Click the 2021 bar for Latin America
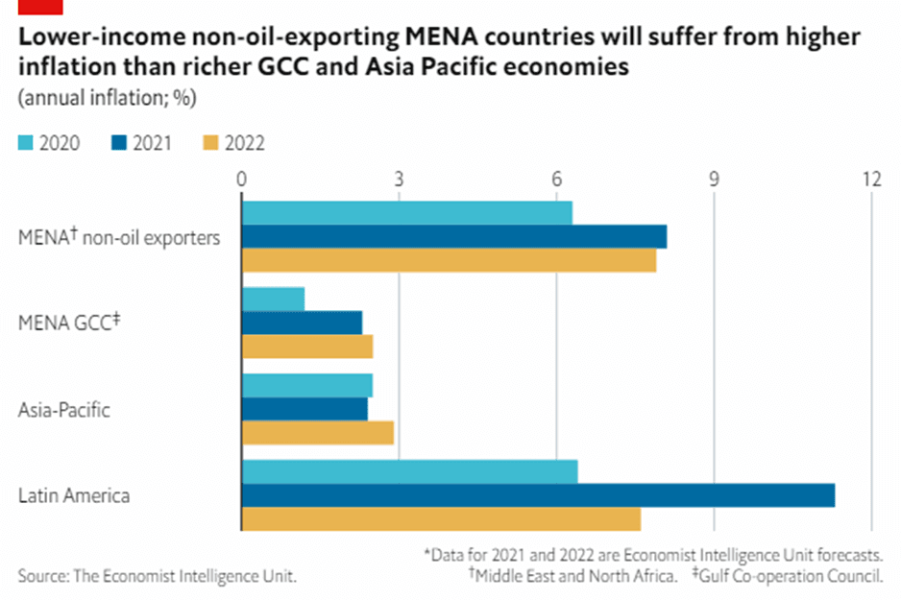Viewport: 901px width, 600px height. (x=538, y=495)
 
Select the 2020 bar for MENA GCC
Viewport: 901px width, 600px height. (x=273, y=300)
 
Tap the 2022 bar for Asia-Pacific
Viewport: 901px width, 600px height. (x=317, y=433)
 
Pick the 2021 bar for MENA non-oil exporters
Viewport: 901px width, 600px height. (x=453, y=236)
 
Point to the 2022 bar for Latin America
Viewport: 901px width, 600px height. (x=441, y=518)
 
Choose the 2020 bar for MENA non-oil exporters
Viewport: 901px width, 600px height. (x=406, y=213)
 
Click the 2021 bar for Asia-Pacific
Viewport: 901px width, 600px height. (x=304, y=409)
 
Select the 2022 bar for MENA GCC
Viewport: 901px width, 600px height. (x=306, y=347)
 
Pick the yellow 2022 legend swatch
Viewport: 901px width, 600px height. (x=211, y=144)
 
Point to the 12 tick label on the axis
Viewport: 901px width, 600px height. (x=871, y=180)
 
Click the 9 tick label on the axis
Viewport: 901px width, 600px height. (x=714, y=180)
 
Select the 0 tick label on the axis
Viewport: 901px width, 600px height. (x=241, y=180)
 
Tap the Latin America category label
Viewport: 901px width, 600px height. (x=74, y=496)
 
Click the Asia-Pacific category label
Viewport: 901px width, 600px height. (x=64, y=410)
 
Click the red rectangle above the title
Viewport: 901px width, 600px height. (x=40, y=7)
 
